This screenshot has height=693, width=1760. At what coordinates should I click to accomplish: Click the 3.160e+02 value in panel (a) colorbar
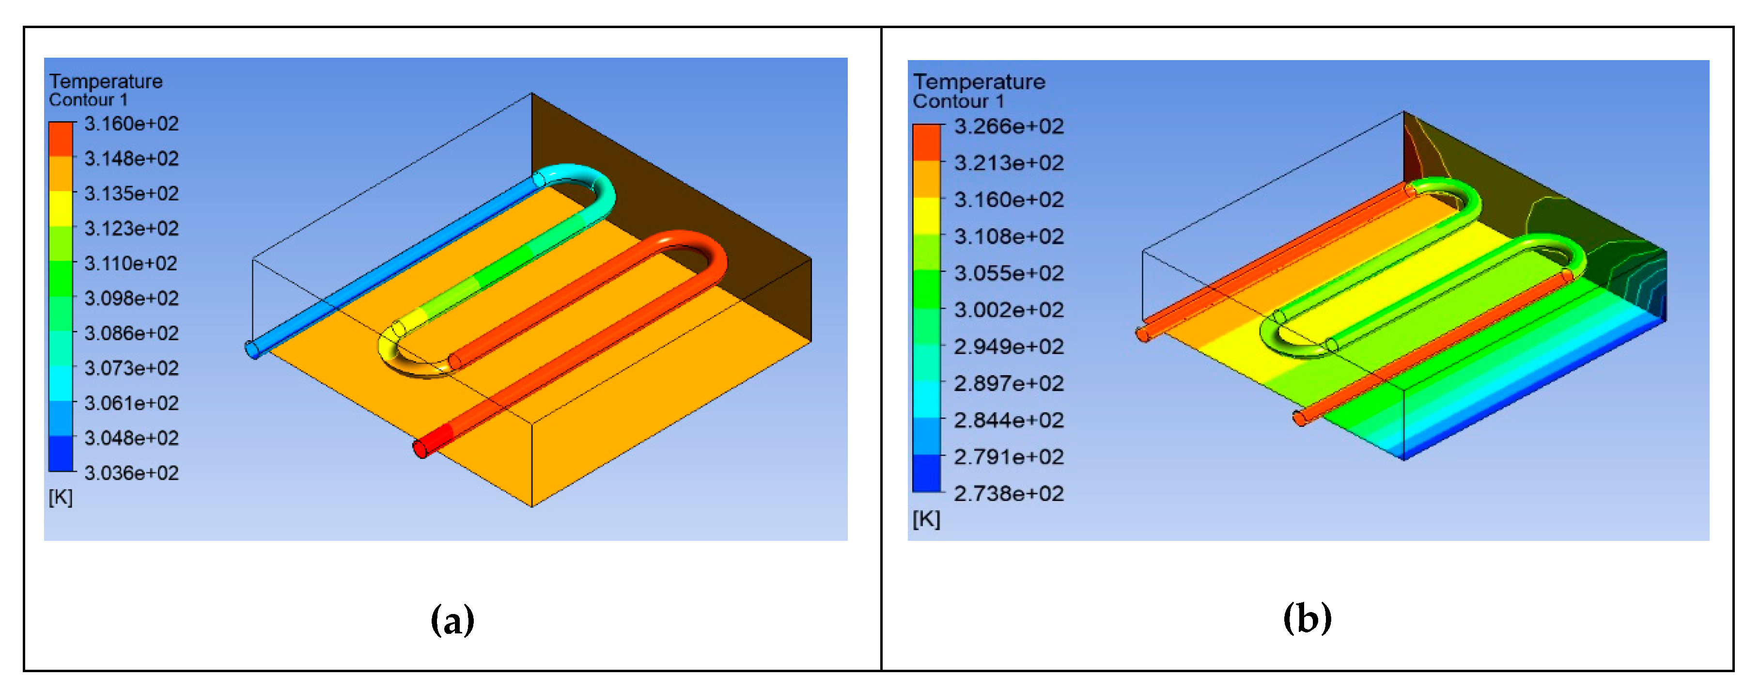pyautogui.click(x=131, y=124)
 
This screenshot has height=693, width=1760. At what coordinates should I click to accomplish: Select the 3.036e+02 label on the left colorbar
pyautogui.click(x=131, y=473)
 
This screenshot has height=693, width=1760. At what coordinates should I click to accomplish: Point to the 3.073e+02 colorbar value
pyautogui.click(x=131, y=368)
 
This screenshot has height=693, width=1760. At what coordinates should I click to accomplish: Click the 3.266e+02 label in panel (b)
pyautogui.click(x=1009, y=126)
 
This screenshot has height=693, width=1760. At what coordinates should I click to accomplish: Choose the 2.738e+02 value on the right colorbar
pyautogui.click(x=1009, y=493)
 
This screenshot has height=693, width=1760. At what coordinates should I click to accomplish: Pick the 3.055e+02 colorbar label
pyautogui.click(x=1009, y=273)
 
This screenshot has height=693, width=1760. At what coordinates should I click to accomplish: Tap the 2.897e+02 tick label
pyautogui.click(x=1009, y=383)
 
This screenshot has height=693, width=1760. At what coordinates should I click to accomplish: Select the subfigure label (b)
pyautogui.click(x=1307, y=618)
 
